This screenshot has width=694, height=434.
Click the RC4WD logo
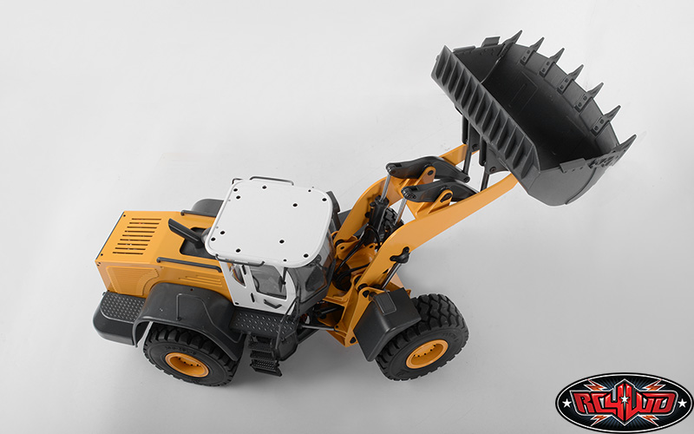tap(625, 403)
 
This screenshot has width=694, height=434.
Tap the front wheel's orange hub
tap(428, 354)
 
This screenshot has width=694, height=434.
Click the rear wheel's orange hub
tap(187, 364)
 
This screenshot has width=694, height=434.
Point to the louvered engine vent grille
tap(137, 235)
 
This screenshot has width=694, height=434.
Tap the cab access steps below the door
tap(265, 355)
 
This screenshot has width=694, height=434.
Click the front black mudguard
tap(386, 322)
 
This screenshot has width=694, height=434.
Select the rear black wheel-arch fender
tap(186, 310)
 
